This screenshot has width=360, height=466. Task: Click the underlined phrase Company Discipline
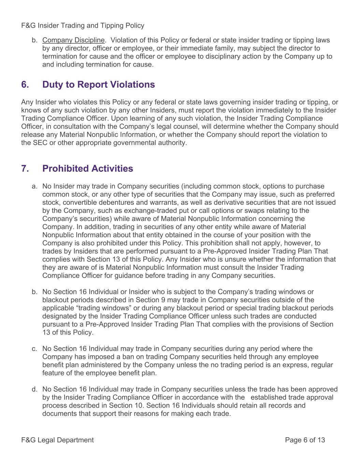point(73,40)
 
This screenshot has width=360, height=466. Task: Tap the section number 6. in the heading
point(25,85)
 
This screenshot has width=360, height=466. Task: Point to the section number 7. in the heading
point(25,169)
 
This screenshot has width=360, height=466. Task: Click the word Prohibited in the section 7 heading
point(63,169)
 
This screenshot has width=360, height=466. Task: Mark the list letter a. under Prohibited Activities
point(34,186)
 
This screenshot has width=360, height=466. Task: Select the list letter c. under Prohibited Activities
point(34,349)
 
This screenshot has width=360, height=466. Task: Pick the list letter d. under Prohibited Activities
point(34,389)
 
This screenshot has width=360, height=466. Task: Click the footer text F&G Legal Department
point(57,440)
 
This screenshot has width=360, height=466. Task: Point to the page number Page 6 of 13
point(305,440)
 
